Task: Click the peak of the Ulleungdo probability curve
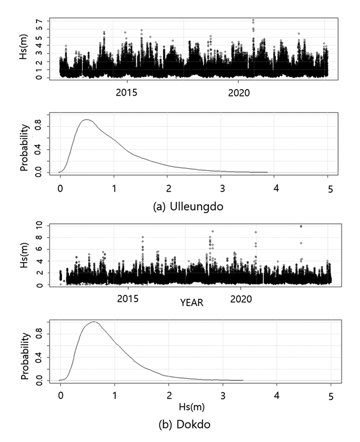coord(87,120)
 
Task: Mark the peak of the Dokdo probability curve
coord(94,322)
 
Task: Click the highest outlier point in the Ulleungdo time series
coord(253,21)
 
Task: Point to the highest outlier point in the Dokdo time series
coord(301,226)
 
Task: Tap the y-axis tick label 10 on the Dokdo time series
coord(41,225)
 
